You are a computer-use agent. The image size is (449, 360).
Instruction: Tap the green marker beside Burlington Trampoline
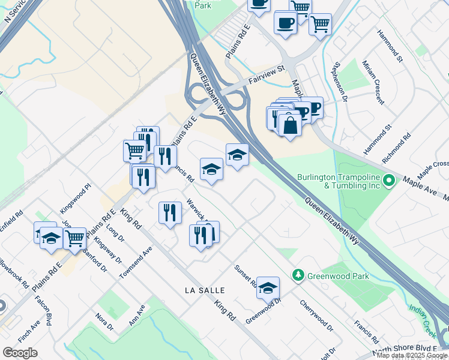(x=390, y=179)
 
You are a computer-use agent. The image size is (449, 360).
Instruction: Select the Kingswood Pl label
(x=74, y=199)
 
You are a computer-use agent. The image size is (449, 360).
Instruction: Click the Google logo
(x=20, y=353)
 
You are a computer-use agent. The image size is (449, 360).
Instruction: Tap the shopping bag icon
(x=290, y=126)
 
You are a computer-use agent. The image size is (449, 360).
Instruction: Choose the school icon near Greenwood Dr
(x=268, y=289)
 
